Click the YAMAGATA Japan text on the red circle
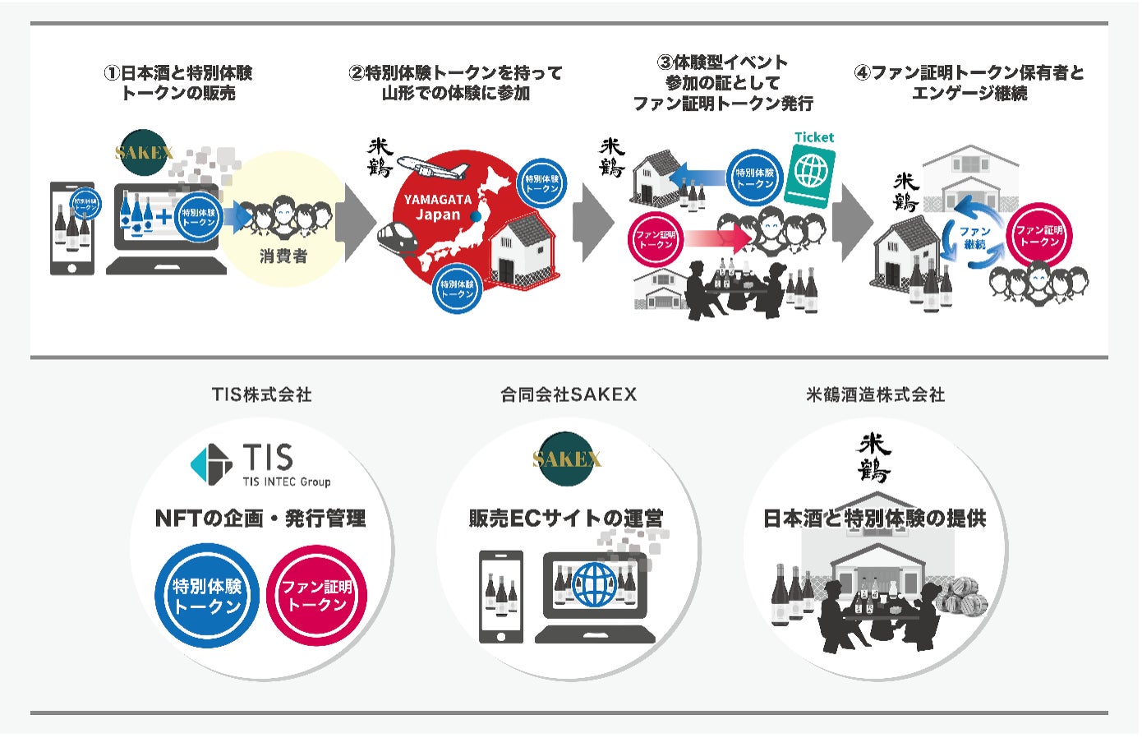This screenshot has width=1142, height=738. [438, 206]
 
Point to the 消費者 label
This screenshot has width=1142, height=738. [283, 256]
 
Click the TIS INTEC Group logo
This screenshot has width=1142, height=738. [261, 465]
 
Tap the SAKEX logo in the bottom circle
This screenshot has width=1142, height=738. [567, 458]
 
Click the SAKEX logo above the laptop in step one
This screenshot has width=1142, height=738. [145, 152]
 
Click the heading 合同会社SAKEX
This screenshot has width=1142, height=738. [569, 394]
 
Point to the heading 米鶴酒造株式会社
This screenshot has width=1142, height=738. [875, 394]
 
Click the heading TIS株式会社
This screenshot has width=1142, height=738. [261, 394]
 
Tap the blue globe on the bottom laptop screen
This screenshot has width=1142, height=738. [594, 585]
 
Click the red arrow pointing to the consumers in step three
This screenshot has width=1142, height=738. [718, 239]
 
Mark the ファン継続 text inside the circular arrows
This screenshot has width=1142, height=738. [974, 238]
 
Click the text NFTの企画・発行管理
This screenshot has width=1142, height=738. [260, 519]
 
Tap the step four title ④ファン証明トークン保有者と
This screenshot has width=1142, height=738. [969, 73]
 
